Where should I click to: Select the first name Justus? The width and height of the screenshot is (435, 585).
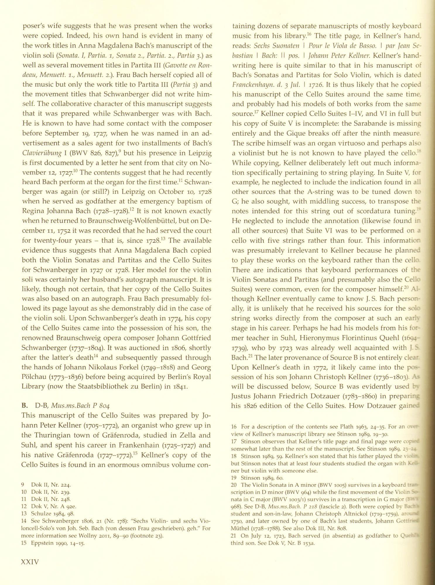[242, 397]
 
